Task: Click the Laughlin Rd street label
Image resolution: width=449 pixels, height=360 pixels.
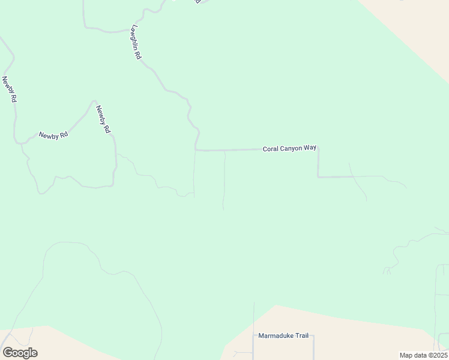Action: [136, 42]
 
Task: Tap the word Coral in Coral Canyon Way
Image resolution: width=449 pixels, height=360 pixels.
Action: [271, 148]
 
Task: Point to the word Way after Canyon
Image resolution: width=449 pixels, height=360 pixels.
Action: [310, 148]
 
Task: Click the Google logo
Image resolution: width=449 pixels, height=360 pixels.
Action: [20, 353]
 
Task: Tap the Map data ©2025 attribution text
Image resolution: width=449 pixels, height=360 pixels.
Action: [423, 355]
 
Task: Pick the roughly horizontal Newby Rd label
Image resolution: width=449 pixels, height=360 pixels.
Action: [53, 135]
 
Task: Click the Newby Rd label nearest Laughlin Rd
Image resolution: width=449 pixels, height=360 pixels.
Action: [103, 119]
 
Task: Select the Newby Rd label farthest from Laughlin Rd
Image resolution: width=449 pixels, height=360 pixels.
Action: [9, 89]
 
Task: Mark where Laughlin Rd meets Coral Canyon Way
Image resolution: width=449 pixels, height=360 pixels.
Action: [196, 150]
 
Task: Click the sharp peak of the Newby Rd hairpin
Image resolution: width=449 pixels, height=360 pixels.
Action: [94, 101]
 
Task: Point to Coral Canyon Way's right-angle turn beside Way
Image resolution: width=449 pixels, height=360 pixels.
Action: [318, 148]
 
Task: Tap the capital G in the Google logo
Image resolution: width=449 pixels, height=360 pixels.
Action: [8, 353]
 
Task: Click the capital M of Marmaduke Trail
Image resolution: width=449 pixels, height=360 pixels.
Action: [261, 336]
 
